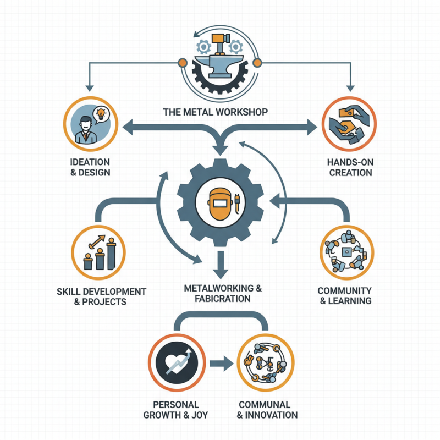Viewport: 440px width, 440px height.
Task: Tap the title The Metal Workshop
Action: (x=216, y=112)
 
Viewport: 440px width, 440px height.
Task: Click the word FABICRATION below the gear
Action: (x=223, y=299)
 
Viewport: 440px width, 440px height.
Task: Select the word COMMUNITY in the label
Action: (x=345, y=290)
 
